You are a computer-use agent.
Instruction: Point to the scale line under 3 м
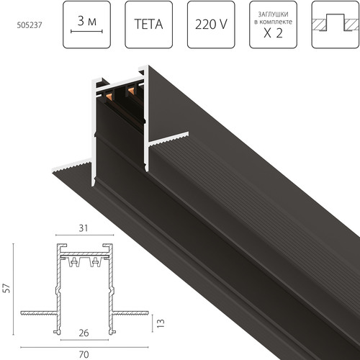coord(86,32)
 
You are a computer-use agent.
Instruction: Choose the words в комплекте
coord(273,21)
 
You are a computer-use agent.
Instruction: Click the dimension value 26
coord(85,333)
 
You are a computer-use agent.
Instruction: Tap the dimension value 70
coord(85,354)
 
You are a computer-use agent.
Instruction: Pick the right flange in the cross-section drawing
coord(130,313)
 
